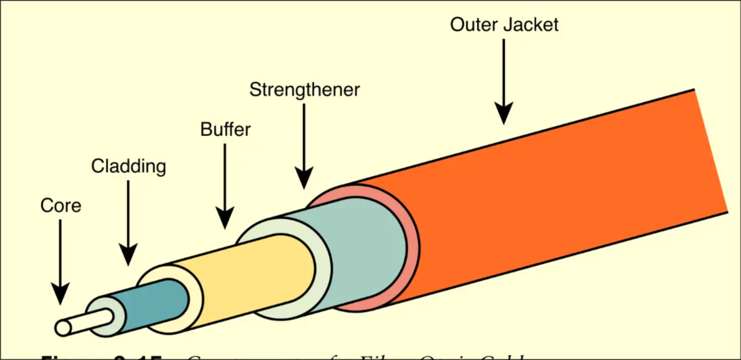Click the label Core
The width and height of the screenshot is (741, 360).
pyautogui.click(x=61, y=205)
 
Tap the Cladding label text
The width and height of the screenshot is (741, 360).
pyautogui.click(x=129, y=166)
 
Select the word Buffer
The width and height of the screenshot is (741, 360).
pyautogui.click(x=225, y=129)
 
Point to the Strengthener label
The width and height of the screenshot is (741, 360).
pyautogui.click(x=304, y=90)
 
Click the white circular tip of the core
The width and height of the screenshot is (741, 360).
pyautogui.click(x=62, y=326)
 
